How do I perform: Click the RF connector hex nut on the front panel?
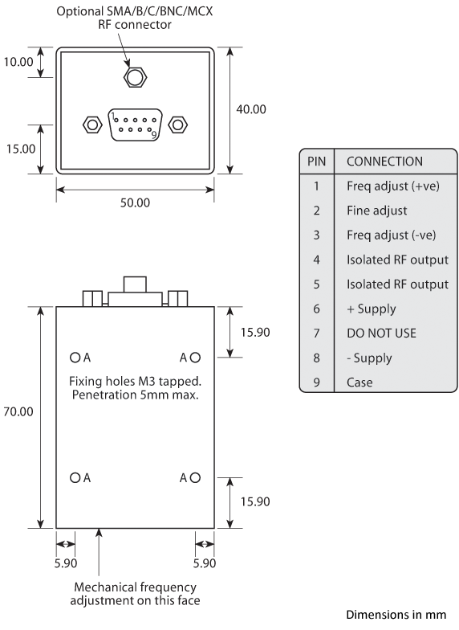(135, 78)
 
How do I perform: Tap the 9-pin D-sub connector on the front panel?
(135, 125)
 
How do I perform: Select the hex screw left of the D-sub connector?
(91, 125)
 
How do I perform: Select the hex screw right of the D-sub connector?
(179, 125)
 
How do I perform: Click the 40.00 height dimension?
(250, 109)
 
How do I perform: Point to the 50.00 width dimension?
(135, 202)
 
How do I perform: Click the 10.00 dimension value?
(19, 62)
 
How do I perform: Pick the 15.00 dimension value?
(19, 149)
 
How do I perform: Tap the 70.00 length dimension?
(19, 411)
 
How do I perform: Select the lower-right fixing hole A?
(195, 477)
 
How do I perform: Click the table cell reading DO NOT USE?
(381, 333)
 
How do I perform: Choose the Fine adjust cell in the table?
(376, 211)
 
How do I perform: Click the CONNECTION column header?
(384, 162)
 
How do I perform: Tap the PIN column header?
(317, 162)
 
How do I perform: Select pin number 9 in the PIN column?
(317, 382)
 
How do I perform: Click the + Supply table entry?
(372, 309)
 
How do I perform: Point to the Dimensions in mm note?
(395, 615)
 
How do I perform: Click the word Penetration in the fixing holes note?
(104, 395)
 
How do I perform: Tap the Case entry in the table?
(359, 382)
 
